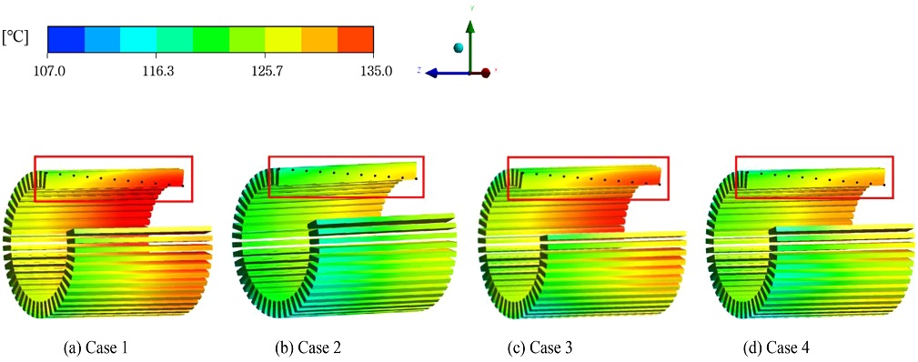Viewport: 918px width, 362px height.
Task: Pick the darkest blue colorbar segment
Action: pyautogui.click(x=66, y=40)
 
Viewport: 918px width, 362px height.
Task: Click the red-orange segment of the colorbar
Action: pyautogui.click(x=356, y=40)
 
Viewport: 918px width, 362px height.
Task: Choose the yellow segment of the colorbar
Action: pyautogui.click(x=283, y=40)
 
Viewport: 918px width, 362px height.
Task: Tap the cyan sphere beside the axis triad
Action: pyautogui.click(x=459, y=47)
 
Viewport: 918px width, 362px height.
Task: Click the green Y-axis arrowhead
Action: pyautogui.click(x=469, y=26)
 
